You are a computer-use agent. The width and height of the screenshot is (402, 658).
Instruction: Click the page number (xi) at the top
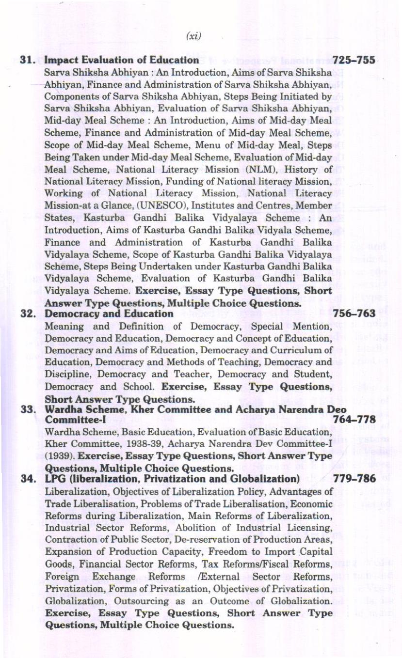tap(193, 36)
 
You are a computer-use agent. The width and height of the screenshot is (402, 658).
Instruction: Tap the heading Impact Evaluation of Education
tap(121, 60)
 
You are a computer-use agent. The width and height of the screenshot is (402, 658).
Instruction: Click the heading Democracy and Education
tap(109, 313)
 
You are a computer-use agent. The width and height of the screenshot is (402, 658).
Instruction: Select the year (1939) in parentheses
tap(60, 456)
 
